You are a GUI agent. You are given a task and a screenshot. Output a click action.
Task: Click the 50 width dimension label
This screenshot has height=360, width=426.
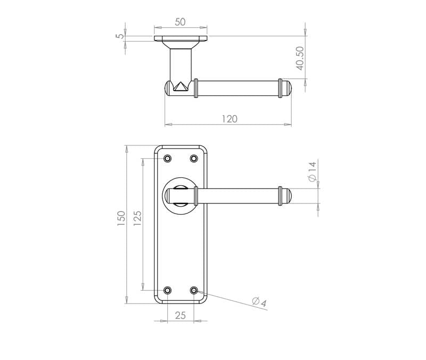click(180, 22)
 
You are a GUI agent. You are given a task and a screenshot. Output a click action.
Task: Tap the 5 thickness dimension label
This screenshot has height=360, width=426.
click(119, 36)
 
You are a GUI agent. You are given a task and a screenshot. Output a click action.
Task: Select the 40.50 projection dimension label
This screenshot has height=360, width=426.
click(300, 58)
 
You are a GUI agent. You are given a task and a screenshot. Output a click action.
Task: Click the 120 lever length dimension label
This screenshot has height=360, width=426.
click(230, 119)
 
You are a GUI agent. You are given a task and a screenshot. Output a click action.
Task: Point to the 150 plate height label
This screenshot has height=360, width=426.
click(121, 218)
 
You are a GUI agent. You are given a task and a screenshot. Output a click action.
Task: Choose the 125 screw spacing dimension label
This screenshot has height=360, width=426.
click(137, 218)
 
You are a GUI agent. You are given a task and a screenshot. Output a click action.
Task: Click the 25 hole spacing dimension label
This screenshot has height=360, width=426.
click(181, 315)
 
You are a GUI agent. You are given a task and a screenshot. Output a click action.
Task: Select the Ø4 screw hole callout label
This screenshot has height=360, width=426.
click(259, 302)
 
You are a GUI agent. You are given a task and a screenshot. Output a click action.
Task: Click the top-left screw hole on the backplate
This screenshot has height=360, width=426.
click(168, 158)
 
